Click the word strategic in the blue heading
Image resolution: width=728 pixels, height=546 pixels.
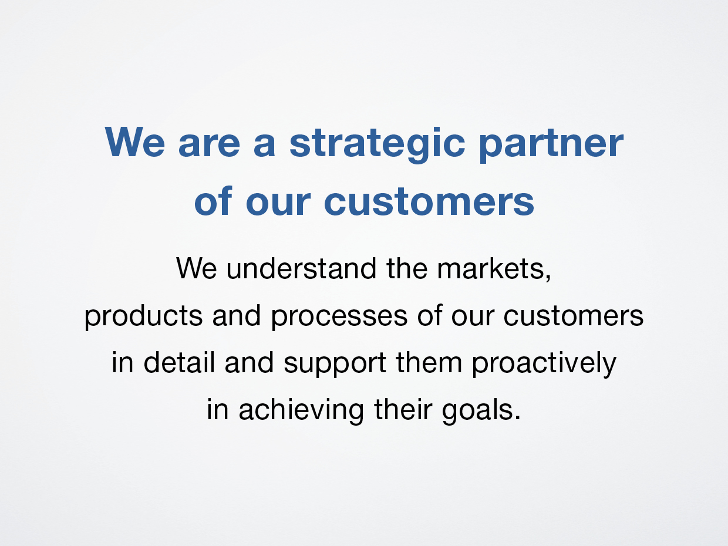point(377,144)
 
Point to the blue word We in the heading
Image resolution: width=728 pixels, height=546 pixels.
point(134,141)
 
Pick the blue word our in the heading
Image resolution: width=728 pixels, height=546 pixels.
point(278,203)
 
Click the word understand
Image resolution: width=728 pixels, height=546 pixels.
point(301,268)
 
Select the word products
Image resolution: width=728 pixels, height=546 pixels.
point(143,316)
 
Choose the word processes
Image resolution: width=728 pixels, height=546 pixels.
point(339,316)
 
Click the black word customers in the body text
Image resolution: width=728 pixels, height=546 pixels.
point(574,316)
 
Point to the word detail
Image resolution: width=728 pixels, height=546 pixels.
point(178,362)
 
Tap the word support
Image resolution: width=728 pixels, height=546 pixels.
point(335,365)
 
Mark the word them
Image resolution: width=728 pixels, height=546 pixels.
point(429,362)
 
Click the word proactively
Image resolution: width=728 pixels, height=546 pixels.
point(544,363)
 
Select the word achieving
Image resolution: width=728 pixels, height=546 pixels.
point(301,411)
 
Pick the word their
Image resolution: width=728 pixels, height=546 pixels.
point(403,409)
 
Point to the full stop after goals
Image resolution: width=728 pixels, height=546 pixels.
point(517,419)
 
